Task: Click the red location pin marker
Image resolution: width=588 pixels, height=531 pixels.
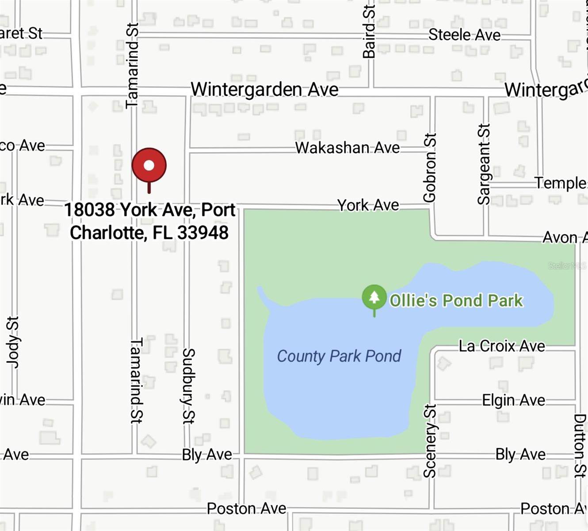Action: (149, 165)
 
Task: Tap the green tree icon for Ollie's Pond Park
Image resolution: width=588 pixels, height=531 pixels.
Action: (374, 297)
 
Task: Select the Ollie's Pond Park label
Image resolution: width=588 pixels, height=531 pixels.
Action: (456, 300)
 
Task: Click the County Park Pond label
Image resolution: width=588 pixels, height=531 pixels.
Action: (339, 356)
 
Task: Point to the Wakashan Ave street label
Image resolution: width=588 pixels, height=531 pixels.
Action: (347, 148)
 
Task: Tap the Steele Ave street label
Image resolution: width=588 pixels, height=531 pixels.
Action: (464, 35)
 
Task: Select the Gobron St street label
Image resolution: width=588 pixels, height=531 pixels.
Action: (429, 168)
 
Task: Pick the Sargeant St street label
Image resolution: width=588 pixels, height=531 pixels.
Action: (484, 164)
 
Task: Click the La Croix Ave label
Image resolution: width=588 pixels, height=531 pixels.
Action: (502, 346)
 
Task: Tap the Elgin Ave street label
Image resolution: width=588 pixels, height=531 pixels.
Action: (513, 400)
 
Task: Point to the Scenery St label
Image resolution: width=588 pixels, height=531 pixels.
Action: (430, 441)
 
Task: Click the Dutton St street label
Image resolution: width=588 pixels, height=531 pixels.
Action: (579, 446)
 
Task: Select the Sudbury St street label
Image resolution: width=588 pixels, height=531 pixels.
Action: (189, 386)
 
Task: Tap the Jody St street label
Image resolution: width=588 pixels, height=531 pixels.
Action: (13, 342)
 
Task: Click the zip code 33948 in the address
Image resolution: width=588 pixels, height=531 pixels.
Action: (203, 233)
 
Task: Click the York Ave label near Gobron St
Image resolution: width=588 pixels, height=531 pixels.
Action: (368, 205)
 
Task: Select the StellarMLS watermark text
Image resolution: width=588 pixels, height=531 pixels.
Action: (567, 266)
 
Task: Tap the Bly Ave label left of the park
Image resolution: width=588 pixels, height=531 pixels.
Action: (207, 455)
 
